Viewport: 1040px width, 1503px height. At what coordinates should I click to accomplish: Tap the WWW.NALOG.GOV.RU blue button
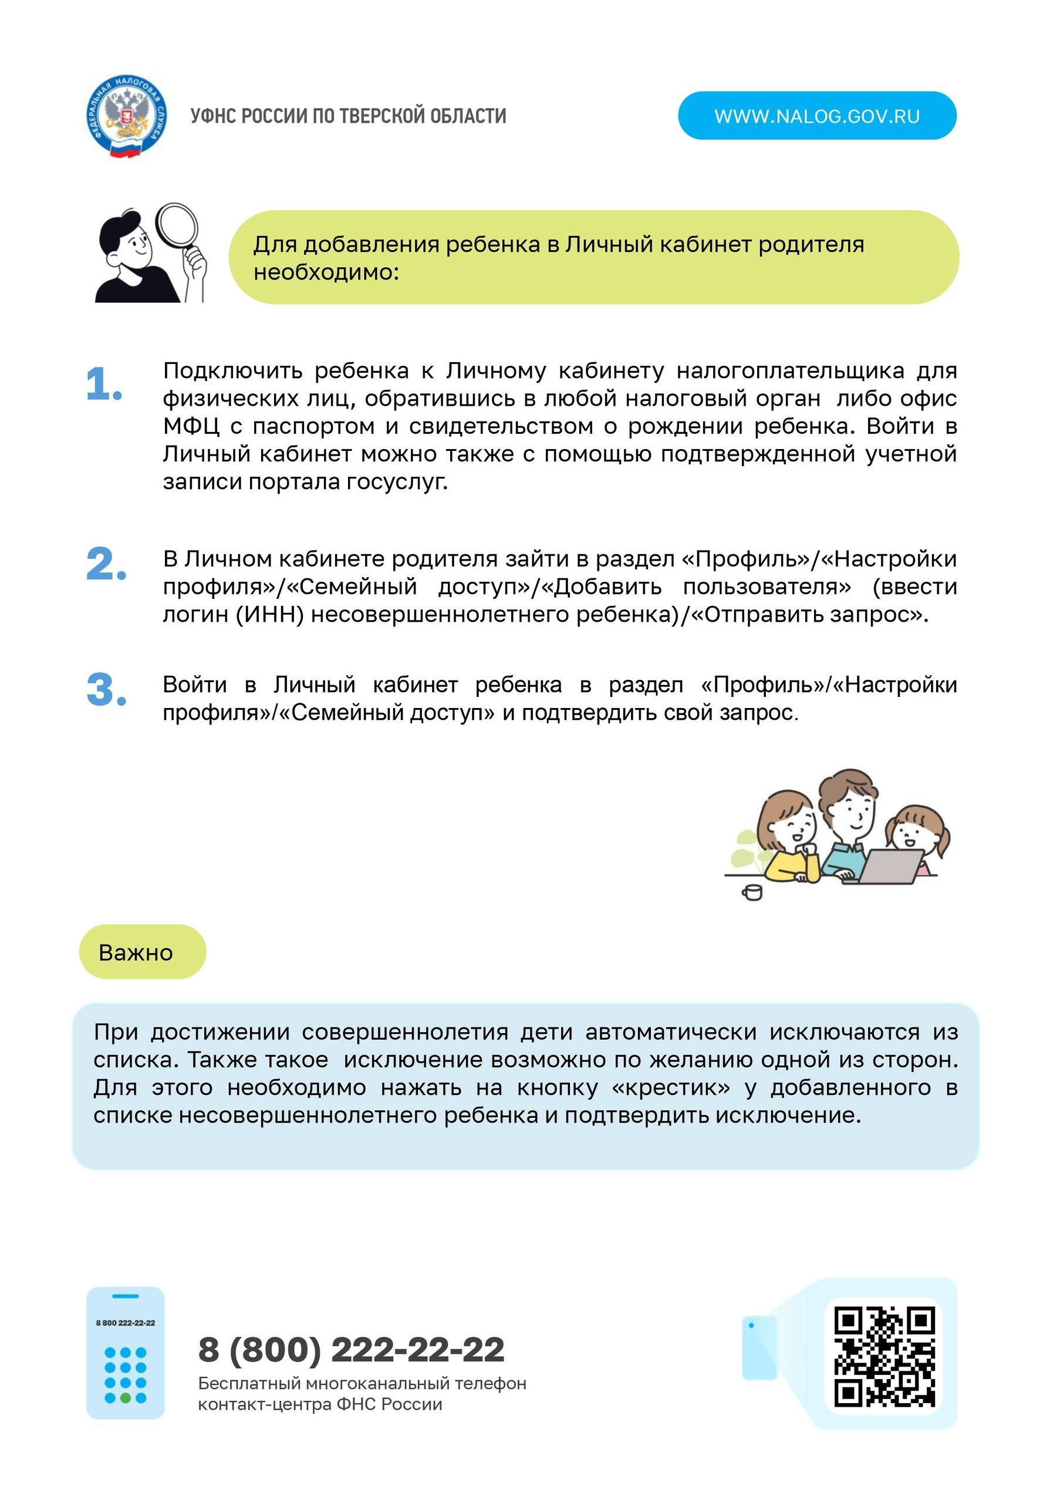click(816, 116)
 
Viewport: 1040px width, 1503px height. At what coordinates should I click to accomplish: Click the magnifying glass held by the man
click(177, 225)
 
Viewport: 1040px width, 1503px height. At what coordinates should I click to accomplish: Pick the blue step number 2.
click(106, 564)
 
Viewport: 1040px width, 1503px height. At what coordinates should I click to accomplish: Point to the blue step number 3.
click(106, 690)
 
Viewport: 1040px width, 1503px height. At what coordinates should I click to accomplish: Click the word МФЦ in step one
click(190, 426)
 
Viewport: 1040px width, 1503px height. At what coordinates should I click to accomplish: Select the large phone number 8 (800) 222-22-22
click(351, 1349)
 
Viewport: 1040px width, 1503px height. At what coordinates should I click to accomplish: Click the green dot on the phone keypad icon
click(126, 1397)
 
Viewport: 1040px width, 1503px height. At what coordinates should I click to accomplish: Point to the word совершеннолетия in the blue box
click(404, 1032)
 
